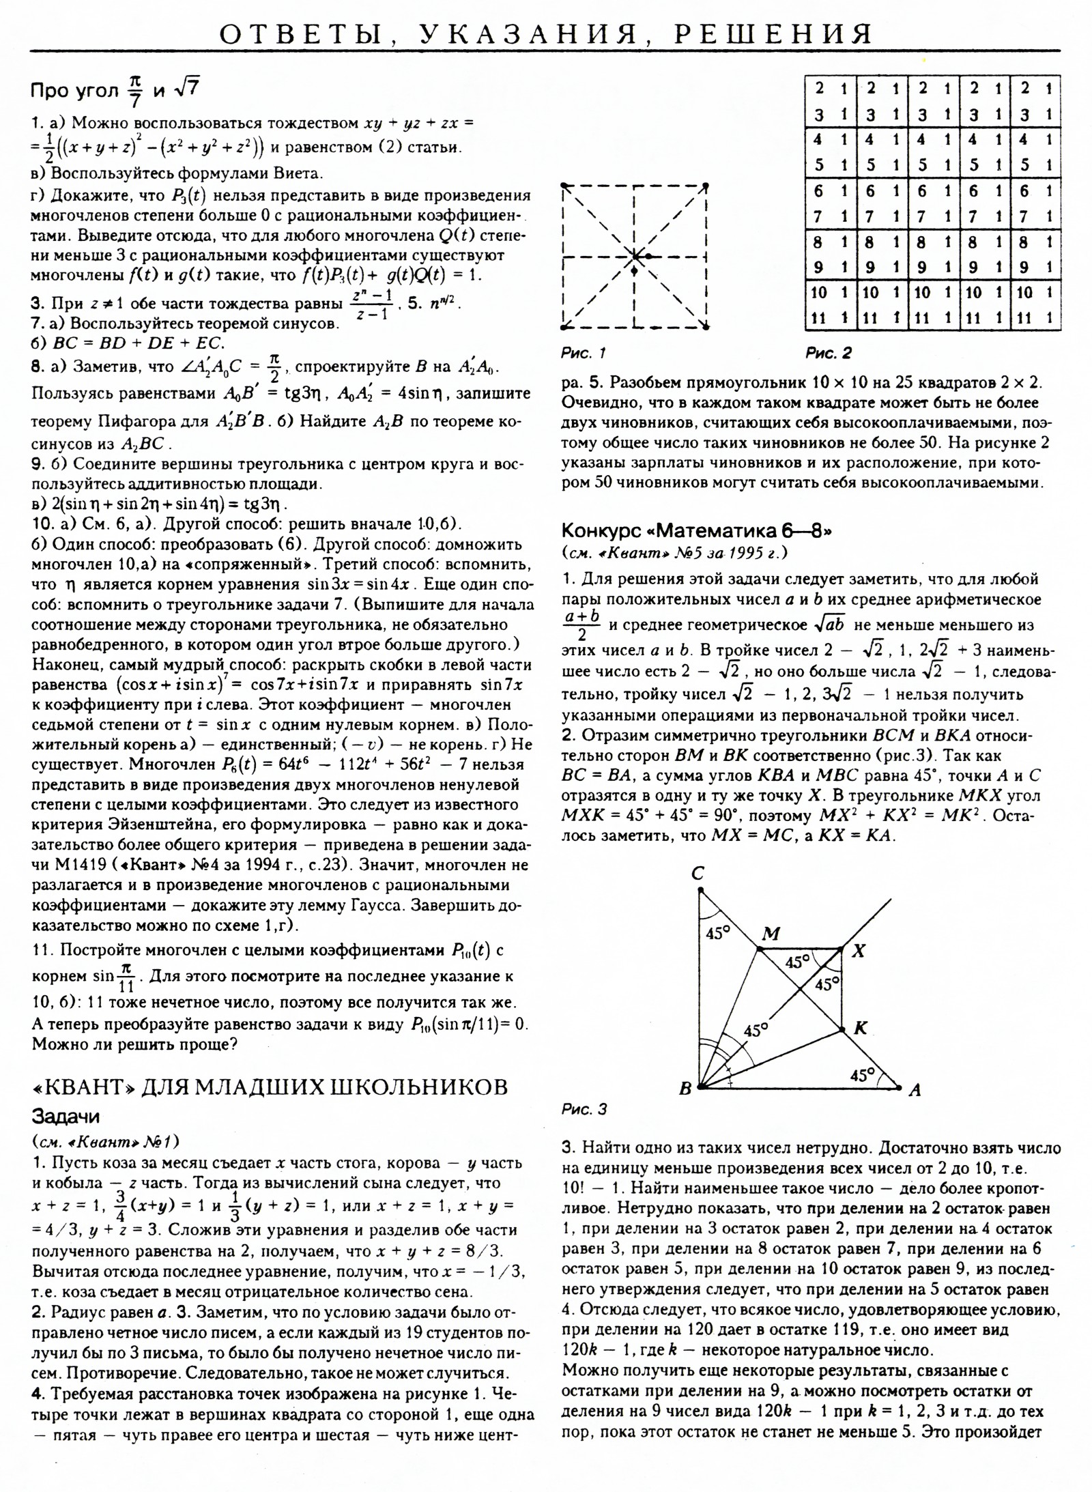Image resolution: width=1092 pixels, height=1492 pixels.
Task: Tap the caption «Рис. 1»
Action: [583, 353]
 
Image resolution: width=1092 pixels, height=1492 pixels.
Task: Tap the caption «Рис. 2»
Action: [829, 353]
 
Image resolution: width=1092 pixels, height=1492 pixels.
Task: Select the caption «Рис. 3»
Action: [584, 1109]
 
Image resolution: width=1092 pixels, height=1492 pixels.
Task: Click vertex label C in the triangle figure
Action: [698, 873]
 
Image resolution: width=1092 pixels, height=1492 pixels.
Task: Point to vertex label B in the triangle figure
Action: [685, 1089]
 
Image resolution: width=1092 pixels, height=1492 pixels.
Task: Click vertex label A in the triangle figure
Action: [915, 1090]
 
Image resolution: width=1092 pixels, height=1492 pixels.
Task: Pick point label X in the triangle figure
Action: [859, 950]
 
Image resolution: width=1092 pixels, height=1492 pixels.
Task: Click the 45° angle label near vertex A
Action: [863, 1076]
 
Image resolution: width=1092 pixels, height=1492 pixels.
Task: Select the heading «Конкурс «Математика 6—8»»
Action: [696, 530]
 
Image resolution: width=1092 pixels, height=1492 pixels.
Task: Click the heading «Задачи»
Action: [66, 1117]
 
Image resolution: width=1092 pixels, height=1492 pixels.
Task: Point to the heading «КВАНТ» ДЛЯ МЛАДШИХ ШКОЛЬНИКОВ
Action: [270, 1087]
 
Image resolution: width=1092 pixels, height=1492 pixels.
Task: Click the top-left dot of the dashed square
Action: [564, 186]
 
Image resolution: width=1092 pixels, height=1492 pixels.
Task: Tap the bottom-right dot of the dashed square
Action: [706, 326]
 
